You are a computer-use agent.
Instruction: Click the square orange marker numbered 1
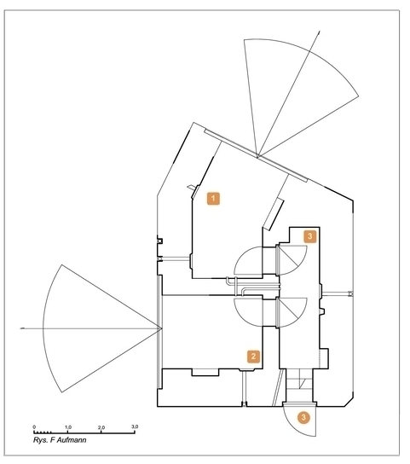click(x=213, y=199)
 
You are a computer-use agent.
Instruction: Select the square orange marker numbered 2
click(x=253, y=357)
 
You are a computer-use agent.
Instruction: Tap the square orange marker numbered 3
click(x=310, y=236)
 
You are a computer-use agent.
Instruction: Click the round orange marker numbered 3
click(x=303, y=418)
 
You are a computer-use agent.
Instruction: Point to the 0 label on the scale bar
click(x=34, y=427)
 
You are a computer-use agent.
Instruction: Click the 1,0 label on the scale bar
click(x=68, y=427)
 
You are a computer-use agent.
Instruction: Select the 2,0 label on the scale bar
click(x=101, y=427)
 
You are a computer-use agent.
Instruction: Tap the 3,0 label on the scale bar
click(x=135, y=426)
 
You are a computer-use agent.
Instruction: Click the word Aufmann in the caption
click(x=72, y=440)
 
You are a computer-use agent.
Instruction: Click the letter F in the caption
click(x=53, y=440)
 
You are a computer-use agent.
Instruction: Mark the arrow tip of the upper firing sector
click(x=319, y=31)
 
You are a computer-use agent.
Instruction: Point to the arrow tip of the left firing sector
click(x=21, y=328)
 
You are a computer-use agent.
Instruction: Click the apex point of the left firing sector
click(x=162, y=328)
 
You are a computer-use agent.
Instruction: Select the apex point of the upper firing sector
click(x=257, y=156)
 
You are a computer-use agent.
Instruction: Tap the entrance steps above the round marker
click(x=299, y=386)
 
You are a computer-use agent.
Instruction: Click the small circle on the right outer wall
click(x=350, y=293)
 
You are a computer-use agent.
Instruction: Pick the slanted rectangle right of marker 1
click(x=274, y=213)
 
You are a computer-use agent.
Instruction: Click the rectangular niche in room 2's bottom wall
click(x=205, y=372)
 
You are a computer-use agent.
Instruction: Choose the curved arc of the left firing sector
click(x=43, y=328)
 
